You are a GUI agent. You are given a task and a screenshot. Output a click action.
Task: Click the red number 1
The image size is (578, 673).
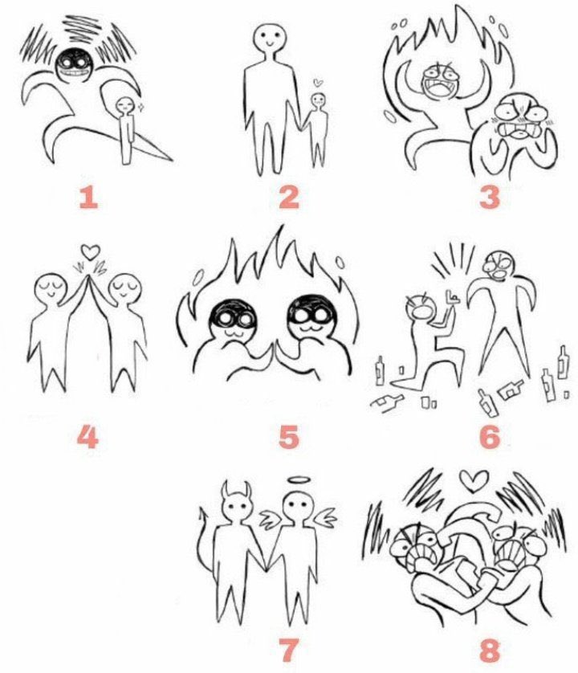click(x=89, y=198)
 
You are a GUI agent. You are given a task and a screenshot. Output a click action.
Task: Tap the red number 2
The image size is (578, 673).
click(x=288, y=197)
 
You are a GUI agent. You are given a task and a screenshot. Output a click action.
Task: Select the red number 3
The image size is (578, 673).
click(x=489, y=197)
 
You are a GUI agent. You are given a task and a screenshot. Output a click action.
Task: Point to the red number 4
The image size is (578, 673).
click(x=88, y=437)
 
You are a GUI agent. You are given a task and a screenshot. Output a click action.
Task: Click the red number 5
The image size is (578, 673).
click(x=288, y=437)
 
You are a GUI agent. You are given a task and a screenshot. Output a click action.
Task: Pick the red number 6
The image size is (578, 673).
click(x=490, y=437)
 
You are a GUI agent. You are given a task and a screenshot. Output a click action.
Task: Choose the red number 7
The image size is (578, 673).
click(x=288, y=651)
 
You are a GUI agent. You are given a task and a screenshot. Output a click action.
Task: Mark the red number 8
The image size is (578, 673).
click(x=490, y=651)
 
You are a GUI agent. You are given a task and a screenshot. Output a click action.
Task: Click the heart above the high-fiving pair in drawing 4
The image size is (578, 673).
click(x=91, y=251)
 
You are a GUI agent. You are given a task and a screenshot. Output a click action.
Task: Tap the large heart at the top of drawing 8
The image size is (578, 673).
click(x=474, y=481)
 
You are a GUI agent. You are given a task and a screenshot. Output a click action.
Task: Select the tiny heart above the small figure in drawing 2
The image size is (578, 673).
click(x=317, y=82)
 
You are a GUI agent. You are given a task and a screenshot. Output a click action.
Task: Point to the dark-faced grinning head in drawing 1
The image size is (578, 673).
click(x=74, y=67)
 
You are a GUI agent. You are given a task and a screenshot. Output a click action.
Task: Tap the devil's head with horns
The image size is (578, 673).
click(x=236, y=503)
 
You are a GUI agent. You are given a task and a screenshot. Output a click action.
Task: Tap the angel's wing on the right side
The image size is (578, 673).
click(x=325, y=516)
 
